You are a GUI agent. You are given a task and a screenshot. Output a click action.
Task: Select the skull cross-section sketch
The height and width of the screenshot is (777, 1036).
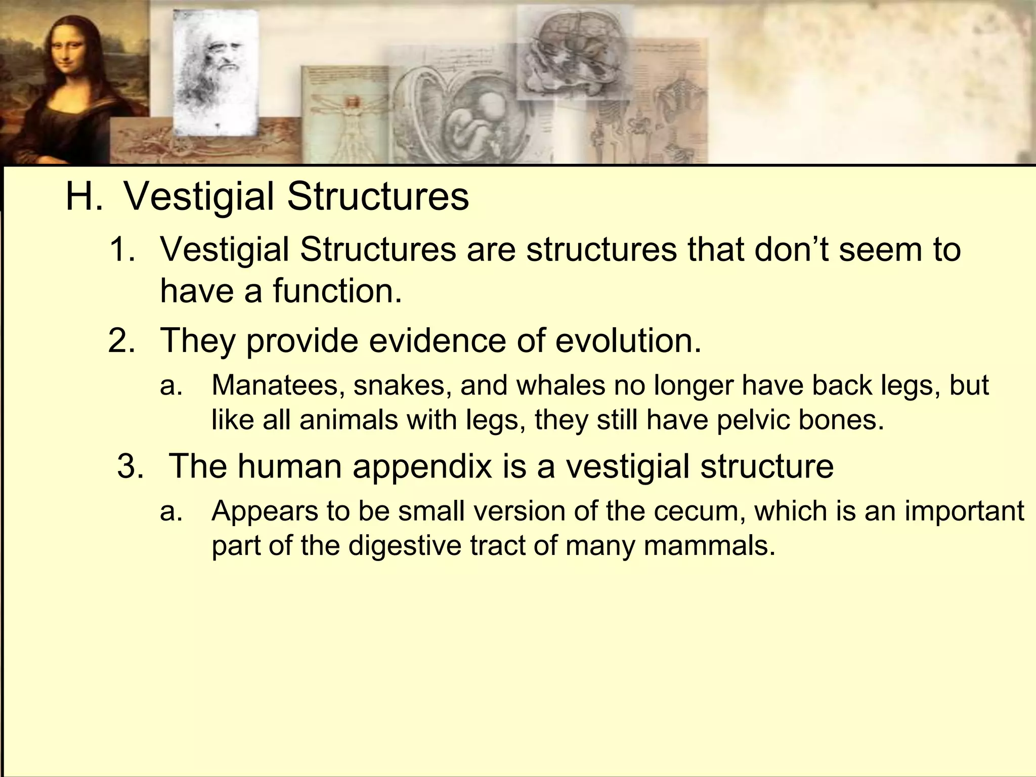pos(572,56)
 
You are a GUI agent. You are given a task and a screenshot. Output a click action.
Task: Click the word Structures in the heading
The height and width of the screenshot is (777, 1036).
pos(378,197)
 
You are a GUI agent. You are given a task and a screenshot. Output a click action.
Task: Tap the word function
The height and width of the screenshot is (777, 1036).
pos(337,291)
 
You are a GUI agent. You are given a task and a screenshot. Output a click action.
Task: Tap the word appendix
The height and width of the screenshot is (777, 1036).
pos(422,466)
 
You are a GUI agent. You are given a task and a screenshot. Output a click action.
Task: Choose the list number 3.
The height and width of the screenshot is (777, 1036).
pos(130,466)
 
